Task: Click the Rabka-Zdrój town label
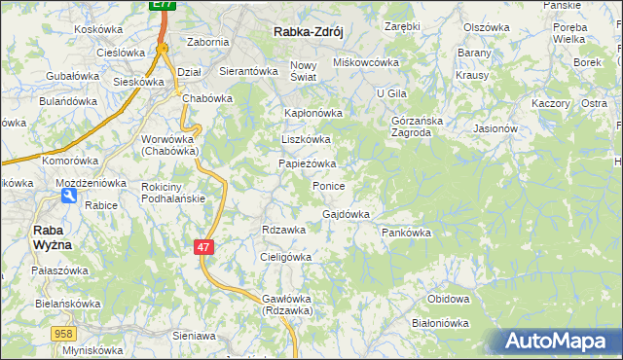click(304, 31)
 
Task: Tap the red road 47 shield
click(202, 248)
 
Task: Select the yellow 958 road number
click(64, 334)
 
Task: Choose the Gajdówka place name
click(346, 214)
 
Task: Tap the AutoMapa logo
click(556, 341)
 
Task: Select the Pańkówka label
click(406, 233)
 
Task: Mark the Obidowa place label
click(449, 299)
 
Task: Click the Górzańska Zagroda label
click(417, 126)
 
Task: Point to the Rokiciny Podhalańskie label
click(172, 193)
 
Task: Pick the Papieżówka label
click(308, 163)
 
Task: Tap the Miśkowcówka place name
click(367, 62)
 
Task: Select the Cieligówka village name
click(285, 257)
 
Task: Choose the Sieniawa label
click(193, 335)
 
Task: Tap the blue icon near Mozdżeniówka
click(67, 196)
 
